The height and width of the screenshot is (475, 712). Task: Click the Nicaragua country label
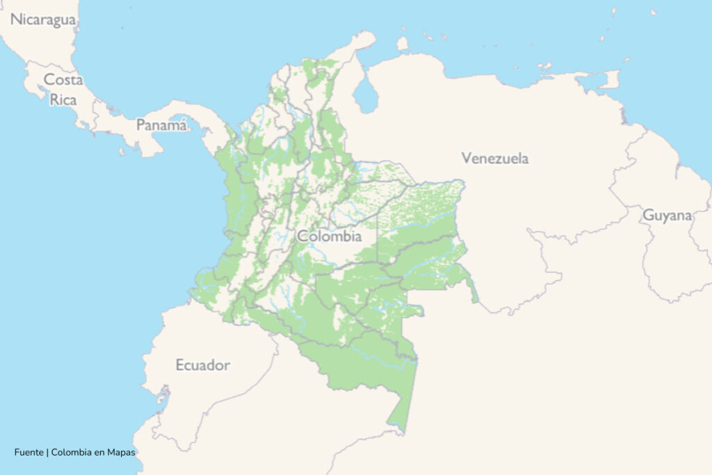click(x=42, y=19)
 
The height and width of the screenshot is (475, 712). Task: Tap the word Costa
click(x=63, y=80)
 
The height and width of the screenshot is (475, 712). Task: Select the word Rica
click(x=63, y=99)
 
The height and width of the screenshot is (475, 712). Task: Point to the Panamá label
click(x=161, y=125)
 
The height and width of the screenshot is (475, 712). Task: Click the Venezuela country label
click(x=494, y=158)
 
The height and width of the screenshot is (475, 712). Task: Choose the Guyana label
click(x=667, y=216)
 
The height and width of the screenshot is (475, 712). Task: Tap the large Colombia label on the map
click(x=330, y=236)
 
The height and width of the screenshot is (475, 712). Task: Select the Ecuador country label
click(x=202, y=365)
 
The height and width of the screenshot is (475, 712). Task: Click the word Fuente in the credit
click(x=29, y=452)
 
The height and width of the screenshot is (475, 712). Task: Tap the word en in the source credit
click(x=98, y=452)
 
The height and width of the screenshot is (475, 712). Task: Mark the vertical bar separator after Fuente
click(x=47, y=452)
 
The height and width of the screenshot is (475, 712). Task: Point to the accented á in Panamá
click(x=182, y=125)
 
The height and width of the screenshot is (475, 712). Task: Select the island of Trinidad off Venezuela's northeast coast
click(x=610, y=79)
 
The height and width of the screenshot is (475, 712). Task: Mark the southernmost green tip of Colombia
click(x=400, y=430)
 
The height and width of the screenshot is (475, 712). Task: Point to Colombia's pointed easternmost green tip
click(x=476, y=300)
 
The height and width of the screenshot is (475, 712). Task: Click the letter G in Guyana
click(x=647, y=216)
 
